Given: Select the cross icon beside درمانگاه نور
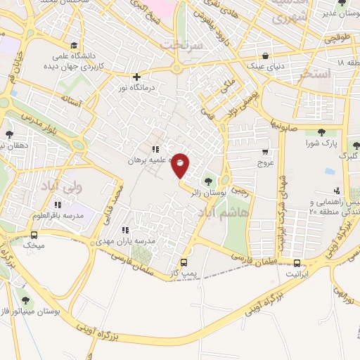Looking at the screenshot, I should [x=136, y=77].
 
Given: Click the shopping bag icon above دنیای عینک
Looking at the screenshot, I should [x=264, y=56].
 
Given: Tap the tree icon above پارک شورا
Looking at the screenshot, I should [x=321, y=131].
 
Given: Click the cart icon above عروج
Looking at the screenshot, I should [x=265, y=152].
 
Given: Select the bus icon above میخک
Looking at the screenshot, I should [x=34, y=235].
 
